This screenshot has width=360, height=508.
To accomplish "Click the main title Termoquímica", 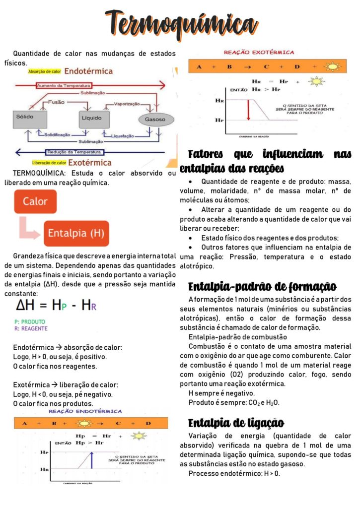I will point(179,23).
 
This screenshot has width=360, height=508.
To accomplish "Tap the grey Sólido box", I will point(30,119).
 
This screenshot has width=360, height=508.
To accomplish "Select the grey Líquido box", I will point(94,119).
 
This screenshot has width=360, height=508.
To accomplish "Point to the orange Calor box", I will point(35,202).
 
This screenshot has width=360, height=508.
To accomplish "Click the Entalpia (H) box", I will point(76,233).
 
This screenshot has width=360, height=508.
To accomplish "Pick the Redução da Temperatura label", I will point(74,152).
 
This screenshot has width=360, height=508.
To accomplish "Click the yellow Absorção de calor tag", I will point(45,71).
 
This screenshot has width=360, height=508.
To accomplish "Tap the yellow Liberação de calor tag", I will point(49,163).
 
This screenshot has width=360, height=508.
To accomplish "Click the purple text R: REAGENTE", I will point(31,328).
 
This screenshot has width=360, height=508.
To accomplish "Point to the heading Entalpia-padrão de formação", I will point(262,287).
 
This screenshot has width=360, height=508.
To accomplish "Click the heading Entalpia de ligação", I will point(236,423).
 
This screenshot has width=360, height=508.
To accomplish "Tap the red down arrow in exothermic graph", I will point(248,110).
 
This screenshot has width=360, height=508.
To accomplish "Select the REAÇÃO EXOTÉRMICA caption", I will point(259,52).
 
